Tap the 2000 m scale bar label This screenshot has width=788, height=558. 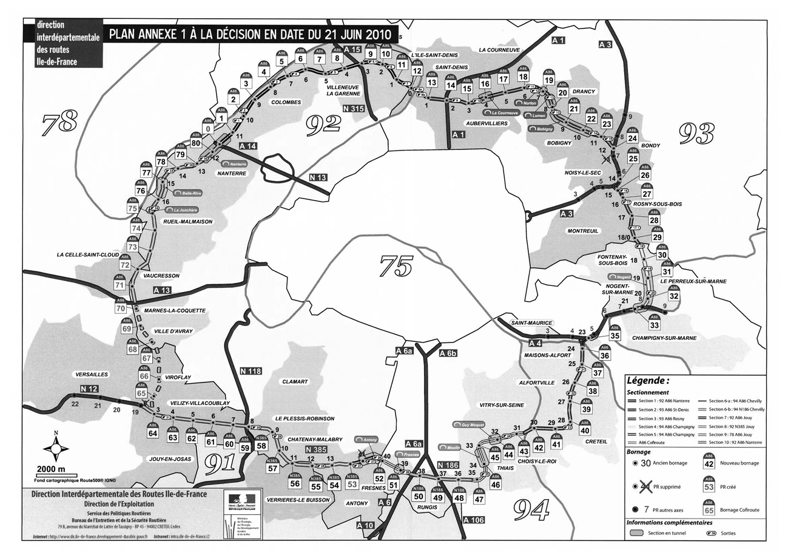point(54,469)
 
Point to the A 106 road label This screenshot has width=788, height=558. point(473,520)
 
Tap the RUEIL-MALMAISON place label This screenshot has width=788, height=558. point(188,222)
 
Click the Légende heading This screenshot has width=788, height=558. point(647,381)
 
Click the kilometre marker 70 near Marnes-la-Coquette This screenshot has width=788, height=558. point(120,307)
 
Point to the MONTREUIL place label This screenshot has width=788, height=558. point(583,231)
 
